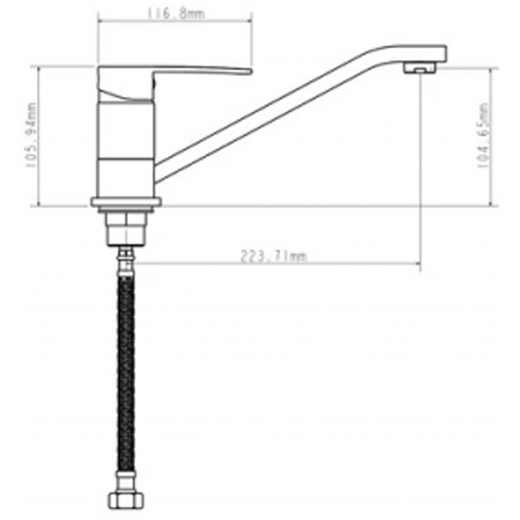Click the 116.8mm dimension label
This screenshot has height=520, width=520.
point(176,13)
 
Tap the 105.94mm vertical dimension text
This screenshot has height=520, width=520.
point(31,135)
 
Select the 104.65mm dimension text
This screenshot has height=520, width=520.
point(483,135)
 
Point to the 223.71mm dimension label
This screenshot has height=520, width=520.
point(273,256)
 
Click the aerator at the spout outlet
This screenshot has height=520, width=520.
point(420,68)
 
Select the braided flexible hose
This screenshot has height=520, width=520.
point(126,375)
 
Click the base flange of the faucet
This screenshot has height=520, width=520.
point(126,202)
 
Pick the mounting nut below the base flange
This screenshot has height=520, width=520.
point(126,229)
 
